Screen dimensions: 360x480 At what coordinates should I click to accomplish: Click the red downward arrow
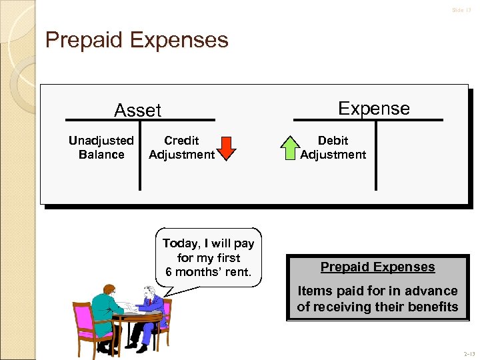(x=227, y=148)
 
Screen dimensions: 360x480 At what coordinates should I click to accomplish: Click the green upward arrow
(x=290, y=148)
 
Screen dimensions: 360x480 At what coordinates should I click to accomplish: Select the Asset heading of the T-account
(x=138, y=111)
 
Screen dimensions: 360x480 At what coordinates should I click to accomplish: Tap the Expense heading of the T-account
(x=373, y=109)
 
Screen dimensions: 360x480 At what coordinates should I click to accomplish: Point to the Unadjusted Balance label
(x=101, y=147)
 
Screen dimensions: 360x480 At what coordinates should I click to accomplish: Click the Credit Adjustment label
(x=181, y=147)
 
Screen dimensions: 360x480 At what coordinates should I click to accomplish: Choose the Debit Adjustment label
(x=333, y=147)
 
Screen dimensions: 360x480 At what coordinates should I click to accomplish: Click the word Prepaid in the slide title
(x=85, y=40)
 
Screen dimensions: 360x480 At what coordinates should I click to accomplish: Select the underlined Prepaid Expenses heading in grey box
(x=377, y=267)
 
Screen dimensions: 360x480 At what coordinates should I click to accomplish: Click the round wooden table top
(x=137, y=317)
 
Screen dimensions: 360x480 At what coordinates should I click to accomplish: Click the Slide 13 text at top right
(x=461, y=10)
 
